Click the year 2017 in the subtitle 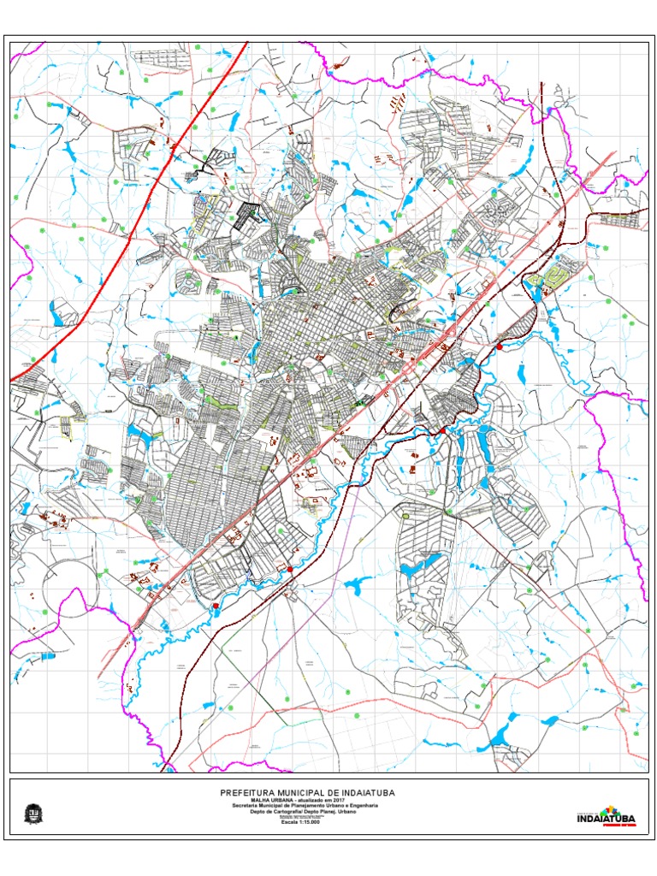point(349,800)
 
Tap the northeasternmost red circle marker point(499,346)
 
